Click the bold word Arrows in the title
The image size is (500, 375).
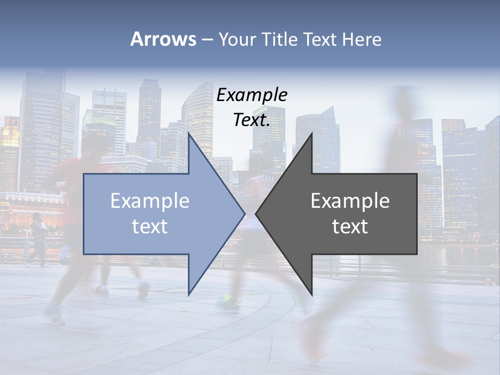pos(163,39)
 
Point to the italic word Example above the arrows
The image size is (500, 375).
pos(252,95)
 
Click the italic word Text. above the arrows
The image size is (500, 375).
pos(252,120)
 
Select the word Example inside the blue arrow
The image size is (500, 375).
pos(150,201)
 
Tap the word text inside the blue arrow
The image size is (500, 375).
pos(150,227)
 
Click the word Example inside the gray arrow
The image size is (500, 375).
pos(350,201)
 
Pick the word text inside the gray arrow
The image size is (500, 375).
pos(350,227)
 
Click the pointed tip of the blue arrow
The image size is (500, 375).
pos(244,214)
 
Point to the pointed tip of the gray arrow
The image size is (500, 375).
pos(256,214)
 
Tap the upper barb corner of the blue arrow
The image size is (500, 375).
pos(189,133)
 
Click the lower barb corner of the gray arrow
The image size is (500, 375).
pos(312,294)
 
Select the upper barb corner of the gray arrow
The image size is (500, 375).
pos(312,133)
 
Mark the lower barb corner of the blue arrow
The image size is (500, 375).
pos(189,294)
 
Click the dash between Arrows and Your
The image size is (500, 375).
pos(207,40)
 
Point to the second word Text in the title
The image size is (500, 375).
pos(321,39)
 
